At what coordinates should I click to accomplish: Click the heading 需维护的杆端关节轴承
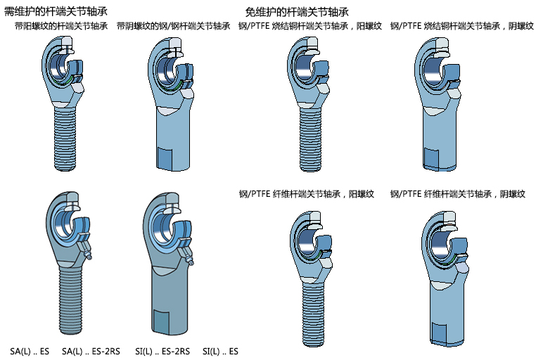pos(56,11)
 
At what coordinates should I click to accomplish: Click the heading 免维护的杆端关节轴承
pos(297,12)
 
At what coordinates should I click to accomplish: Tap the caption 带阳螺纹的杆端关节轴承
pos(61,26)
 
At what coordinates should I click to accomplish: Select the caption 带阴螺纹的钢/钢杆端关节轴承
pos(174,26)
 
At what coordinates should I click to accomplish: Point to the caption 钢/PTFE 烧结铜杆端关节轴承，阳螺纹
pos(310,26)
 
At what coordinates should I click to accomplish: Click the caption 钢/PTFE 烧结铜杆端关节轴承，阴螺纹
pos(462,26)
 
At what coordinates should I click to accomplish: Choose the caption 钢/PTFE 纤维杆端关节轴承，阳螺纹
pos(306,194)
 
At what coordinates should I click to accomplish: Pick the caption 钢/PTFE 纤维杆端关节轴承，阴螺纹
pos(458,194)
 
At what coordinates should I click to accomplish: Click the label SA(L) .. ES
pos(30,352)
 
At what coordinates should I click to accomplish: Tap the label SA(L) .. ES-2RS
pos(91,352)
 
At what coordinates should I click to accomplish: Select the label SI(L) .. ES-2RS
pos(162,352)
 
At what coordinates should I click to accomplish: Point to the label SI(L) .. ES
pos(220,352)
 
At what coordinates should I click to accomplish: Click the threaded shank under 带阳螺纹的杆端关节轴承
pos(69,139)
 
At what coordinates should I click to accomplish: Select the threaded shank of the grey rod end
pos(71,300)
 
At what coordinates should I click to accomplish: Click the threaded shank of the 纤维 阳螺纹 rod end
pos(313,314)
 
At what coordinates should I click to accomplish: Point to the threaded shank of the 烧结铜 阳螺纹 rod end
pos(311,139)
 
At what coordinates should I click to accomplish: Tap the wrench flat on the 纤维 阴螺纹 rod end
pos(438,334)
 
